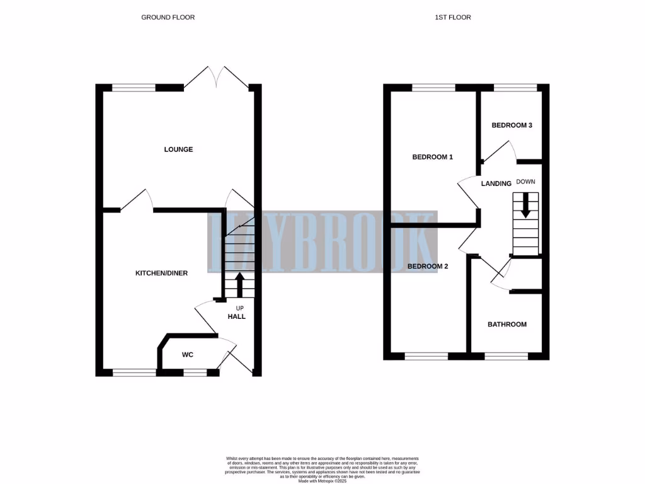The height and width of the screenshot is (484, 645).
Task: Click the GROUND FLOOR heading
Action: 168,17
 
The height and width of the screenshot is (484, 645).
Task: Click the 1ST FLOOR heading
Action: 452,17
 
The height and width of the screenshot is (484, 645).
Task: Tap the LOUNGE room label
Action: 178,149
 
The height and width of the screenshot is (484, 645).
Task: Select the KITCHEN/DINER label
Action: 162,273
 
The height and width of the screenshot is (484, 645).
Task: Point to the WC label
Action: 187,355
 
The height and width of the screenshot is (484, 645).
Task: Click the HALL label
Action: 237,316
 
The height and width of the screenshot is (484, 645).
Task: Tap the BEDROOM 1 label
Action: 432,157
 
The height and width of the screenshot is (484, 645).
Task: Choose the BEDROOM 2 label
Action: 428,267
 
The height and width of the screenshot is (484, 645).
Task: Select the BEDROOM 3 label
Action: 511,125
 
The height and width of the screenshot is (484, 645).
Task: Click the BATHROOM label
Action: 507,325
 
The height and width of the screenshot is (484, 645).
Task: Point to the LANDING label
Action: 496,184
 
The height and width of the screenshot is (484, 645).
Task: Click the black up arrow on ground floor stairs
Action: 239,284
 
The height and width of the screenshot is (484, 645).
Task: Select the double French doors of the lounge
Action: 216,79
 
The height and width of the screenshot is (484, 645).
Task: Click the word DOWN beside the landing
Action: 525,181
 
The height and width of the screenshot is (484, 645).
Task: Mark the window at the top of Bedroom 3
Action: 515,88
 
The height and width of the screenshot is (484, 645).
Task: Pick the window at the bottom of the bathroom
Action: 506,356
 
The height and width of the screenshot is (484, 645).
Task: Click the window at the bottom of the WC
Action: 194,372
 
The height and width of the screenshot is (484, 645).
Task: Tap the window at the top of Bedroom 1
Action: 433,88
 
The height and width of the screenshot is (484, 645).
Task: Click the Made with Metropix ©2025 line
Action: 322,481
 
